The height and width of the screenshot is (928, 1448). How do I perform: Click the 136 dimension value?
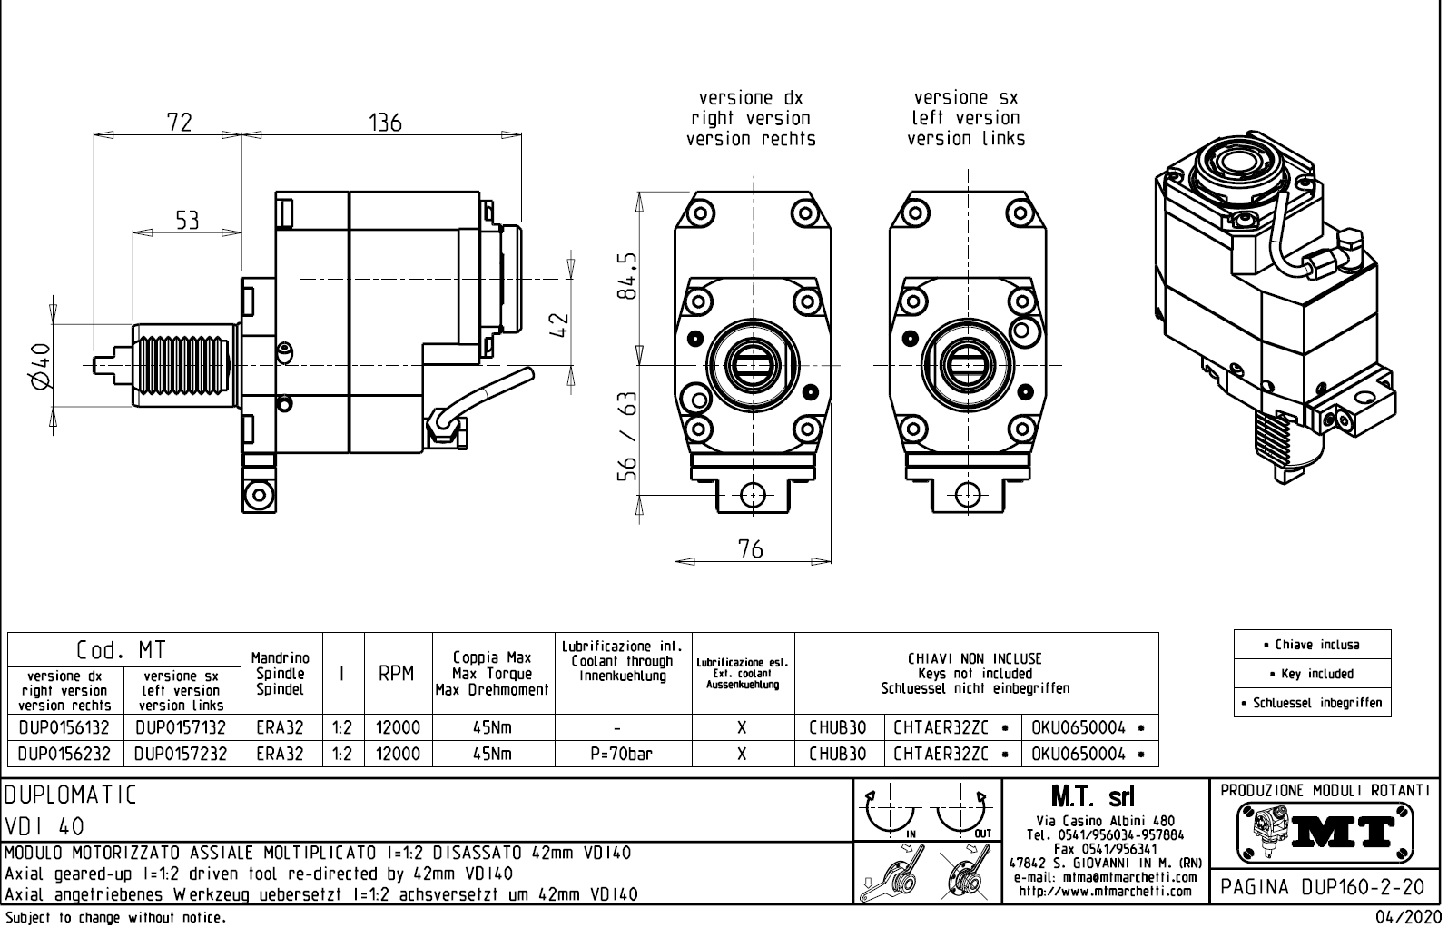(385, 122)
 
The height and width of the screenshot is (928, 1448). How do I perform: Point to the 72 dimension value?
(180, 122)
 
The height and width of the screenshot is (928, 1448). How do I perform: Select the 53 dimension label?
(187, 220)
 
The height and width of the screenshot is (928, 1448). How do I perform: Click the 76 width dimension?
(750, 548)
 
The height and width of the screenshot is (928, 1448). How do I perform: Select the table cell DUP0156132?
(64, 727)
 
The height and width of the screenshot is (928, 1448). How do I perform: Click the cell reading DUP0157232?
(182, 754)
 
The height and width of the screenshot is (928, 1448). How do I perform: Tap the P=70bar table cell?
(622, 754)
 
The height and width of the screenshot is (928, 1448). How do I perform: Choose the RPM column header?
(398, 674)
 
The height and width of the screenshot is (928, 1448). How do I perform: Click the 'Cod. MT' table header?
(122, 650)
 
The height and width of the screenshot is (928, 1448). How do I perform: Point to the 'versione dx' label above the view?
(751, 97)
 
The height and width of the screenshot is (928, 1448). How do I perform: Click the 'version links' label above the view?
(966, 139)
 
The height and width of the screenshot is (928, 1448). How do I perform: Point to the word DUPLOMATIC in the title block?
(71, 796)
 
